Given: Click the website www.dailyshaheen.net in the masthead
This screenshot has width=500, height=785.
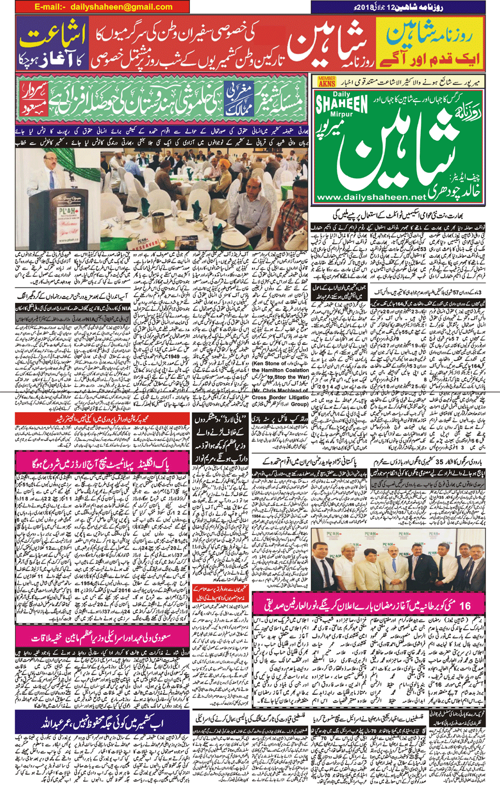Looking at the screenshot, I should click(x=370, y=197).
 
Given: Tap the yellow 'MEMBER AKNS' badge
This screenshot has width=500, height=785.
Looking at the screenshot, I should click(x=327, y=81).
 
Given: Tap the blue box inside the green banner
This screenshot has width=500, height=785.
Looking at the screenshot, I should click(x=239, y=99).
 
